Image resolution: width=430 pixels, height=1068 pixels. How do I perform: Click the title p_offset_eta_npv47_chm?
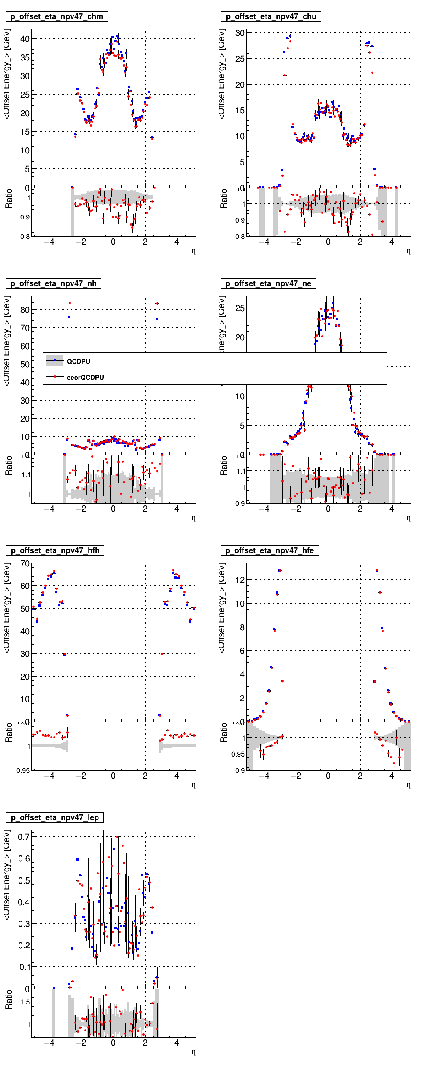click(x=57, y=16)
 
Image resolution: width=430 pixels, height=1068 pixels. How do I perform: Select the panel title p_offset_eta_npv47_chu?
click(x=271, y=16)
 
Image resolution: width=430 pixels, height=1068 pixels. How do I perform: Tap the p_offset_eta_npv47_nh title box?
click(x=54, y=283)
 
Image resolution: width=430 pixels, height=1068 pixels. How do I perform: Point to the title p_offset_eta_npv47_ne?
click(x=268, y=283)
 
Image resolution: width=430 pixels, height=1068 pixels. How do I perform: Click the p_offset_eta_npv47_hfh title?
click(x=55, y=550)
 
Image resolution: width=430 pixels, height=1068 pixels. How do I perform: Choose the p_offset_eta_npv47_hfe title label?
click(x=269, y=550)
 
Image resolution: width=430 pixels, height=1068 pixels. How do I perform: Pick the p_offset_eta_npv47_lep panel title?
click(x=54, y=817)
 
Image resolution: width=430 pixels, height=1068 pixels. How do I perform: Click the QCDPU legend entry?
click(x=78, y=362)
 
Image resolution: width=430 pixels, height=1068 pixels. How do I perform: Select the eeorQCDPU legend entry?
click(x=85, y=378)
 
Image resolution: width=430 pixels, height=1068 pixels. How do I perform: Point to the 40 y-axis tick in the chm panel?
click(x=25, y=39)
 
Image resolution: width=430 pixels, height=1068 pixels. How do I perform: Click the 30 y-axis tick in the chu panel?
click(x=240, y=33)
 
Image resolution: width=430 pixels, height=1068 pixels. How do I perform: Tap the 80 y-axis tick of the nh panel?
click(x=25, y=310)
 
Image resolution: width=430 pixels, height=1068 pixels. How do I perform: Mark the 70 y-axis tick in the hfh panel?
click(x=25, y=563)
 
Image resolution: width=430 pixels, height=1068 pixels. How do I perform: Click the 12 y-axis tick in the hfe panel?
click(x=240, y=580)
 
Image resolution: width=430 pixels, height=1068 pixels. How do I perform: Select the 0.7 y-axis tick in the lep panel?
click(x=24, y=837)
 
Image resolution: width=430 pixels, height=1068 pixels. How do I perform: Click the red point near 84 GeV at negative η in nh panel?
click(x=70, y=303)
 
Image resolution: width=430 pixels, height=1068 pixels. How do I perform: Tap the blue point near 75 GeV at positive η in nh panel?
click(x=157, y=319)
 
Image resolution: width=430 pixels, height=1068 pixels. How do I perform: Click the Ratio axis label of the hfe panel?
click(x=224, y=733)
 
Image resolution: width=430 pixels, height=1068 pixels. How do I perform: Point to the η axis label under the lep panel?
click(x=193, y=1052)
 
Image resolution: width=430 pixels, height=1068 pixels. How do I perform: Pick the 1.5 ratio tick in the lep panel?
click(x=25, y=1002)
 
